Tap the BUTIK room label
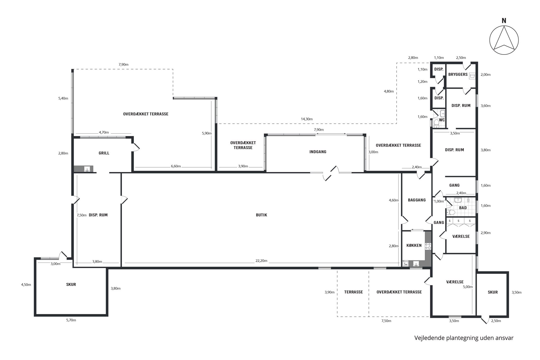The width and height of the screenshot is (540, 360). pos(261,215)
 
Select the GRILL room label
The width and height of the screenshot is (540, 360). pos(104,153)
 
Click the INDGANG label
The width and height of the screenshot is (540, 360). pos(318,152)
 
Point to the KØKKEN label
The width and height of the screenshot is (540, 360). pos(414,245)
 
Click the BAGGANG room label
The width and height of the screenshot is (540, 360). pos(417,200)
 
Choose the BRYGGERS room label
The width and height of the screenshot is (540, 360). pos(458,74)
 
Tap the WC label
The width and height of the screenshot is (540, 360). pos(442,120)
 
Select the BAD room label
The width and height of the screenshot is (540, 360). pos(463,208)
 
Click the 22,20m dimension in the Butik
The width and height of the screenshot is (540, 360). pos(261,261)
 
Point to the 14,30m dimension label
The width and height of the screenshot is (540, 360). pos(306,119)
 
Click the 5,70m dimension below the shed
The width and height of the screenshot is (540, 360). pos(71,320)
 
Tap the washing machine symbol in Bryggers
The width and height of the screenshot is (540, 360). pos(472,76)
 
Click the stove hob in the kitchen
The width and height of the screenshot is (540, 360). pos(428,246)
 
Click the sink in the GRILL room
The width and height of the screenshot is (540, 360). pos(87,169)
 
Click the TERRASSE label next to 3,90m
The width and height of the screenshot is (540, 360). pos(353,292)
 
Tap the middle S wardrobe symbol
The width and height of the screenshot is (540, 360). pos(458,221)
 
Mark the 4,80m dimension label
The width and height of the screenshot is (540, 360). pos(389,91)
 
